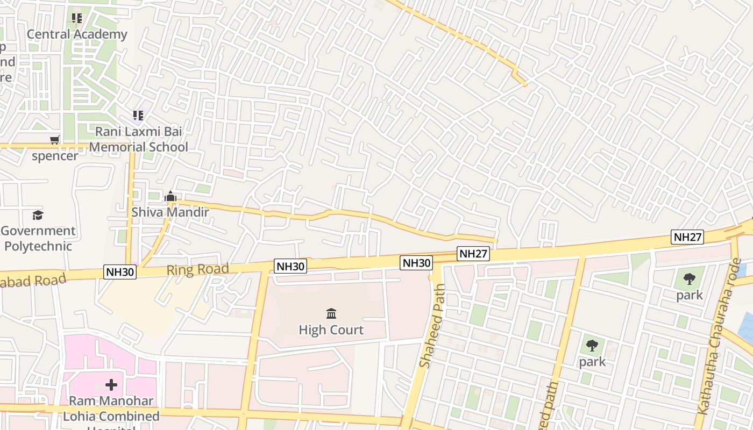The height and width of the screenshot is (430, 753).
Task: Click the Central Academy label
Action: [77, 34]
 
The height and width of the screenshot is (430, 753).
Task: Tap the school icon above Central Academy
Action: [77, 19]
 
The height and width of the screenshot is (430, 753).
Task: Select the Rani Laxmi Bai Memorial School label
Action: [139, 139]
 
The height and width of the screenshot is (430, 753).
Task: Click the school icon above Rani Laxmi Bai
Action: [138, 115]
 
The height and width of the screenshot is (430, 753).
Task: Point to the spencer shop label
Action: [55, 156]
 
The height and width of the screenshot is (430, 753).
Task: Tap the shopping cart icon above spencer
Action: [54, 140]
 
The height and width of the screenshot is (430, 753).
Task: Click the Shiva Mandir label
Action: [170, 212]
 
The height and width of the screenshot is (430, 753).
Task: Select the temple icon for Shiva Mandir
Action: [171, 197]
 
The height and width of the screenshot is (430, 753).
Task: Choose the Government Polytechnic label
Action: [38, 239]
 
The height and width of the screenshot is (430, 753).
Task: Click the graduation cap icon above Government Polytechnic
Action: [37, 216]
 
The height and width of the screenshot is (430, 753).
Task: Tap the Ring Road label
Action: [197, 269]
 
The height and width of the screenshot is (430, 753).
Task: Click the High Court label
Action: [331, 329]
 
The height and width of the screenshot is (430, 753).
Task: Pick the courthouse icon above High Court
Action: [331, 313]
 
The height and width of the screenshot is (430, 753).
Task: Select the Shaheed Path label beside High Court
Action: [432, 326]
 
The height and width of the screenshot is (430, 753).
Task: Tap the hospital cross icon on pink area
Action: [111, 385]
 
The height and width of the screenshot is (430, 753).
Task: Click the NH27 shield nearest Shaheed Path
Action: [473, 254]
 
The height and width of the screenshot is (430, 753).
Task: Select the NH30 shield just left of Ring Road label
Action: [120, 273]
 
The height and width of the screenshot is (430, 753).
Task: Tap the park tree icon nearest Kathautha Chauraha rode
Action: [690, 279]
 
